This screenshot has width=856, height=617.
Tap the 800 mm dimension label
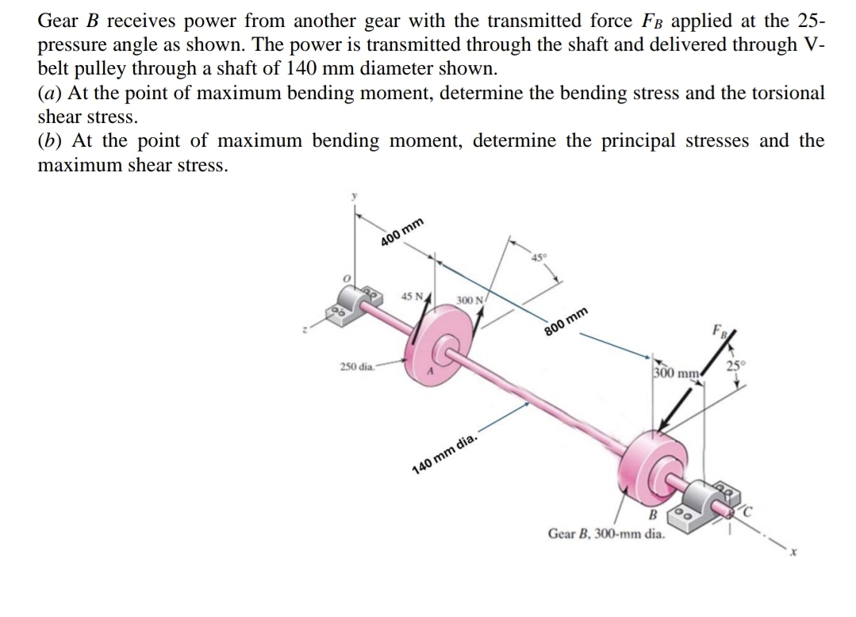(x=566, y=323)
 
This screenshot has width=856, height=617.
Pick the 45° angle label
(x=539, y=256)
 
